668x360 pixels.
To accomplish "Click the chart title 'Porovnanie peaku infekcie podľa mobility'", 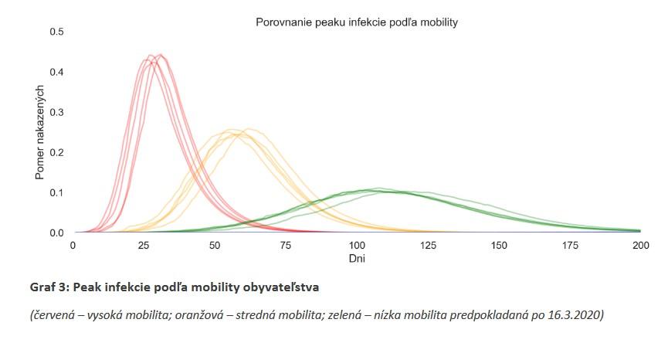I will point(357,22).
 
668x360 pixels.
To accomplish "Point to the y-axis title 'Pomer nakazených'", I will point(39,132).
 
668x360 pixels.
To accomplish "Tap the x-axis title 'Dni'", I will point(357,259).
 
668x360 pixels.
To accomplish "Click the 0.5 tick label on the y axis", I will point(56,32).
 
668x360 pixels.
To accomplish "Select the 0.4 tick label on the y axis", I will point(56,72).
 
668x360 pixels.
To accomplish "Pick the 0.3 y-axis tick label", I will point(56,112).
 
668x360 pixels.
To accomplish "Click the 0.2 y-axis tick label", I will point(56,152).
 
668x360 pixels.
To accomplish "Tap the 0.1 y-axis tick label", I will point(56,192).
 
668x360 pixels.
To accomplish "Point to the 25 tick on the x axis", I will point(144,245).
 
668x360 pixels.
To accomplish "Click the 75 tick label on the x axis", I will point(286,245).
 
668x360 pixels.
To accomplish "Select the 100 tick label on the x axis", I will point(357,245).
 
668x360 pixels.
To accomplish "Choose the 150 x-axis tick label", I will point(499,245).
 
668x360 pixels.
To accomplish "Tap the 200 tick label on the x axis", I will point(640,245).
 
